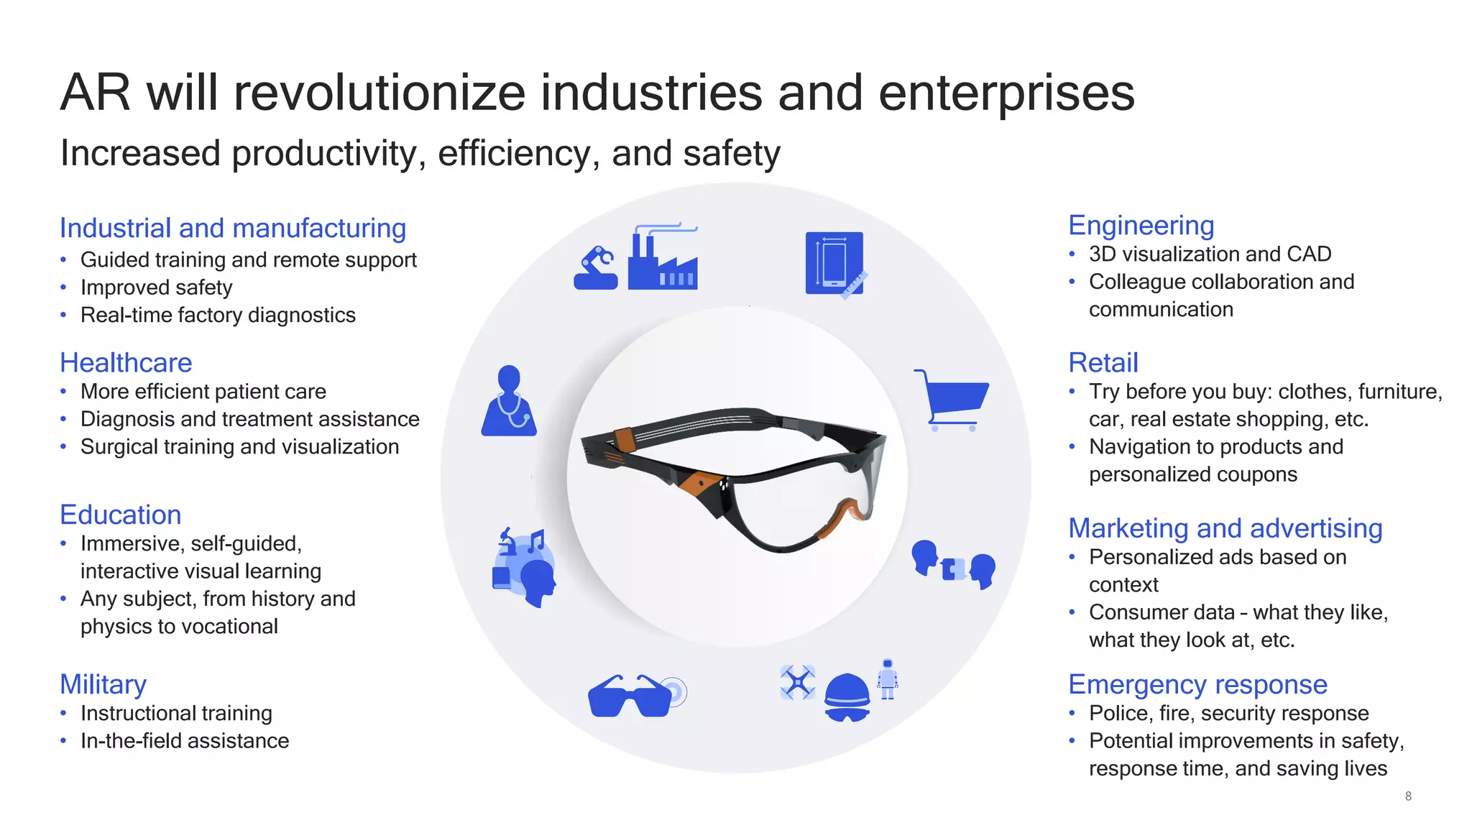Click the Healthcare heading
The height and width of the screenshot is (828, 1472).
point(126,363)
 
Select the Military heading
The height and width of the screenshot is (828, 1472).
point(103,684)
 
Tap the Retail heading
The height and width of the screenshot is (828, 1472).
point(1103,363)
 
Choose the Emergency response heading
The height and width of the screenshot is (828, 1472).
point(1197,684)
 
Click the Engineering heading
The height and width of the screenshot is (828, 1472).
point(1141,226)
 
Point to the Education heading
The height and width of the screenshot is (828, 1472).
point(120,515)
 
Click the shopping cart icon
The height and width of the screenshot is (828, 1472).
point(952,400)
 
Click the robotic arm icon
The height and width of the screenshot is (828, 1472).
point(596,268)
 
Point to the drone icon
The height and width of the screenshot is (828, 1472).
point(798,682)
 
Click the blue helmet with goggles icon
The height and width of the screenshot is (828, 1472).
point(847,697)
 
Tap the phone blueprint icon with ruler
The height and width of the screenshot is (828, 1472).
point(835,264)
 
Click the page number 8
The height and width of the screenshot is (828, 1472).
point(1408,796)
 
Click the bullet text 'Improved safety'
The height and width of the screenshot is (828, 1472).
point(156,287)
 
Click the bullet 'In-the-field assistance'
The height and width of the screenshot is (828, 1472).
point(185,741)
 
